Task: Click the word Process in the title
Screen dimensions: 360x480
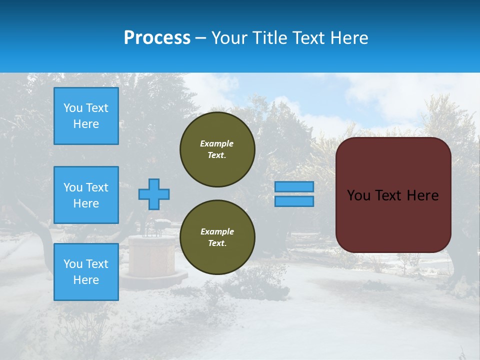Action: (157, 38)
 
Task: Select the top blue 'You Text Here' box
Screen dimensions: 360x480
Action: (86, 116)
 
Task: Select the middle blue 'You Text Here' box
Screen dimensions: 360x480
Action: (86, 195)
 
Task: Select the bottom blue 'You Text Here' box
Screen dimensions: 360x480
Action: (86, 271)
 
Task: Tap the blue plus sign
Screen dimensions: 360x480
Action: (154, 194)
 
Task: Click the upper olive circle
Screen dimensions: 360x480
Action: (217, 149)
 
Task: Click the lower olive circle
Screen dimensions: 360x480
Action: (217, 237)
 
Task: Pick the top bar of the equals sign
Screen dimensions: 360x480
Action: (294, 186)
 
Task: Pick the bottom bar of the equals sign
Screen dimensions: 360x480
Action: (294, 201)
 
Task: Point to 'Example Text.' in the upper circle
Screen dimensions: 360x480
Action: (217, 149)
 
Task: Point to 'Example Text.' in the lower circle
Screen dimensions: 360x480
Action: (217, 237)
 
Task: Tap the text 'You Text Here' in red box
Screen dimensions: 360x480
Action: (392, 195)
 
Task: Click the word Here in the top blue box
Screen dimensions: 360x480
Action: (86, 124)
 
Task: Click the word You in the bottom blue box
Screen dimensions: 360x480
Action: (72, 264)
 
